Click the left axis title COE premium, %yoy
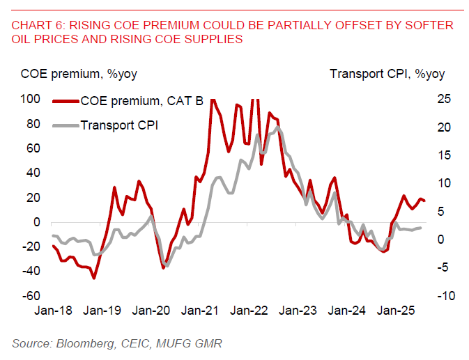(x=67, y=75)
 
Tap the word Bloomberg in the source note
(x=77, y=343)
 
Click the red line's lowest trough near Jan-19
(x=93, y=279)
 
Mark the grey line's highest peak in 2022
(x=278, y=127)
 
